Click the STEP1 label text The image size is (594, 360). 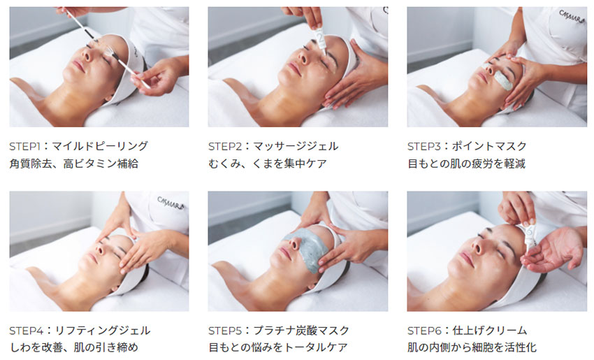pyautogui.click(x=24, y=146)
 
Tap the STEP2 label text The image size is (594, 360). pyautogui.click(x=224, y=146)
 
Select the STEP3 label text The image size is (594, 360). pyautogui.click(x=423, y=146)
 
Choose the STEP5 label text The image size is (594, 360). pyautogui.click(x=224, y=331)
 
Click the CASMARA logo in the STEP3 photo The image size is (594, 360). pyautogui.click(x=572, y=17)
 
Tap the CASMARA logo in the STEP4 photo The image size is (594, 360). pyautogui.click(x=171, y=203)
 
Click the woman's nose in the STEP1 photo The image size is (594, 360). pyautogui.click(x=87, y=56)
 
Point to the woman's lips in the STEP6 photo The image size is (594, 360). pyautogui.click(x=466, y=259)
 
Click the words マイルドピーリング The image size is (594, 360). pyautogui.click(x=100, y=146)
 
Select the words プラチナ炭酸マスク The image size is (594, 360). pyautogui.click(x=301, y=331)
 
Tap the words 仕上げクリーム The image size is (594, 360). pyautogui.click(x=490, y=331)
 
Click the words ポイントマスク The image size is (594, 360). pyautogui.click(x=489, y=146)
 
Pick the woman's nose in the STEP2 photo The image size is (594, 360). pyautogui.click(x=303, y=57)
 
